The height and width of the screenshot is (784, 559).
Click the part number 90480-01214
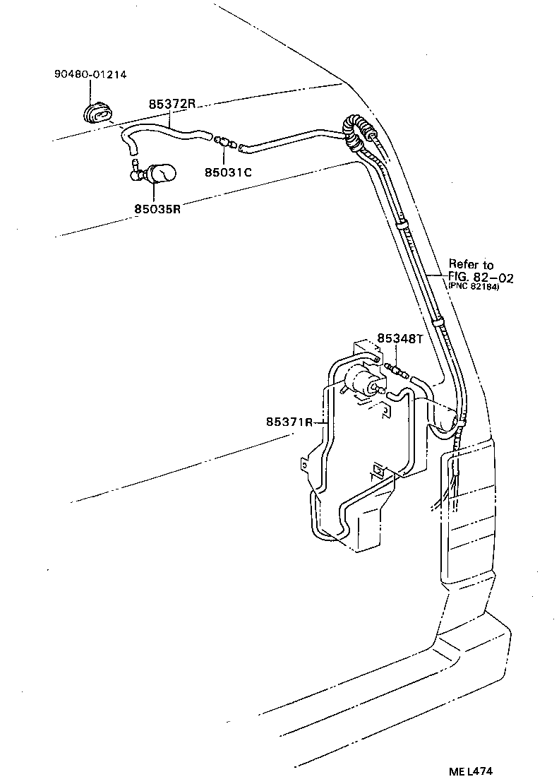click(90, 74)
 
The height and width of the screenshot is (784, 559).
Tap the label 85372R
click(172, 104)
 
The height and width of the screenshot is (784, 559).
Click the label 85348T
click(399, 338)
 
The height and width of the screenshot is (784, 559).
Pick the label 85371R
click(289, 422)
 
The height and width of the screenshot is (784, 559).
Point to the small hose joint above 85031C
click(224, 142)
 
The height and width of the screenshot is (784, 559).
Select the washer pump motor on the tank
click(365, 381)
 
